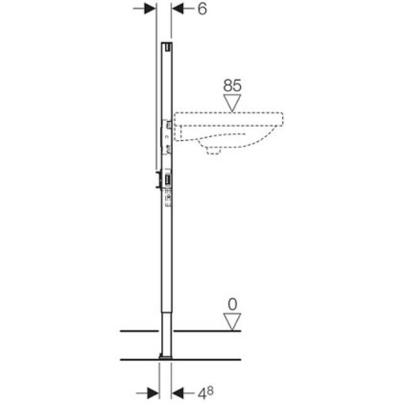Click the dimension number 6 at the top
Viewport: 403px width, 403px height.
(x=202, y=9)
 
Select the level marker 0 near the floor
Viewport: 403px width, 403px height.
(x=233, y=304)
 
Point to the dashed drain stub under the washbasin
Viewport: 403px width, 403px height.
(x=214, y=149)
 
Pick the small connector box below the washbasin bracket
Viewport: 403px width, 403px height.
(x=167, y=181)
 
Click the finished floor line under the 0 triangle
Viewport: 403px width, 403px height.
(x=208, y=331)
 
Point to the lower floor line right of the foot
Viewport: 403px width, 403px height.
(x=208, y=360)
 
